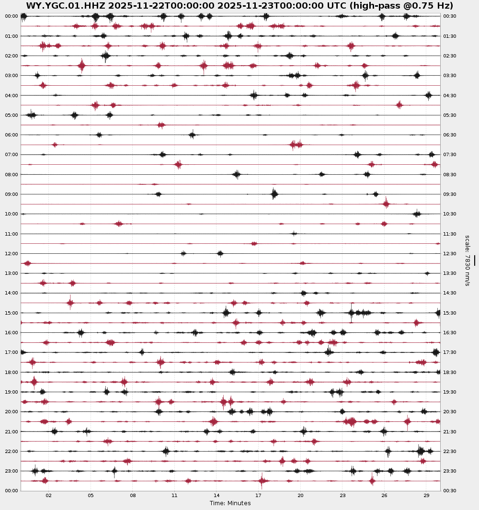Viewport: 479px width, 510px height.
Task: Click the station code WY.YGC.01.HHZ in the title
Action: (66, 6)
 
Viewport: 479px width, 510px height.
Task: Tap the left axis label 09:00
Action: (11, 194)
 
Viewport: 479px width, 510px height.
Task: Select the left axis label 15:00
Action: (11, 313)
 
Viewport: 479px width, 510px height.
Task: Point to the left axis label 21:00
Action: (11, 432)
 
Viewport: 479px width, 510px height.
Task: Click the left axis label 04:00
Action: (11, 96)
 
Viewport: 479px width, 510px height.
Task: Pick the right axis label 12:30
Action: (449, 254)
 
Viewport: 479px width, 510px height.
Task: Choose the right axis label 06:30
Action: (449, 135)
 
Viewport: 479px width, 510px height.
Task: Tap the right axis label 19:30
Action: (449, 392)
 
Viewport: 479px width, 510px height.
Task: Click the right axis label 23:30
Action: (449, 471)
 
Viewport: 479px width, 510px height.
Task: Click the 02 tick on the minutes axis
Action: (49, 496)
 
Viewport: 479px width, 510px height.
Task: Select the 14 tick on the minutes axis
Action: (217, 496)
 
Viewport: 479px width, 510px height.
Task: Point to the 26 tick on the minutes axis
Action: (385, 496)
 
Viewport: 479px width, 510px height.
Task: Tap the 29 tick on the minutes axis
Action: (426, 496)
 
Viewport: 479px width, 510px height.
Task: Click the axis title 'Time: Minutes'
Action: (230, 503)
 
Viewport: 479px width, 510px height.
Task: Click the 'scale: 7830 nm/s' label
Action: (468, 261)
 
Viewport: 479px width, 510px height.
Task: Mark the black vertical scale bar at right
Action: (474, 260)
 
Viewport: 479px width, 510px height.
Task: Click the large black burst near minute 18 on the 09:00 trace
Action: (274, 194)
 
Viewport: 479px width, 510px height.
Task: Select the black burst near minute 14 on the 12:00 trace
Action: (220, 253)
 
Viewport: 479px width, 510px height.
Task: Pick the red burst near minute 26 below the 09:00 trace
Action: (386, 204)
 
